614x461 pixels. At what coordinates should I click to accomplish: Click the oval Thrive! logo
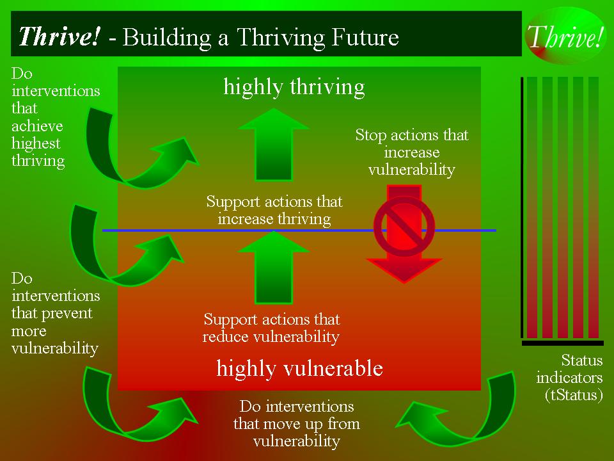(x=565, y=36)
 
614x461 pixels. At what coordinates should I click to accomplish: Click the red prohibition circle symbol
(x=404, y=226)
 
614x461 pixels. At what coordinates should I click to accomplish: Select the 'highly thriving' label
(x=294, y=87)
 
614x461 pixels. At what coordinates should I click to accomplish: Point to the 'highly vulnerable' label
(x=299, y=369)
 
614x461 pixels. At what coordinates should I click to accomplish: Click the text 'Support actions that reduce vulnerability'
(x=271, y=328)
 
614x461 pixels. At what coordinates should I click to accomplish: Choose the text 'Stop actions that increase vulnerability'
(x=411, y=152)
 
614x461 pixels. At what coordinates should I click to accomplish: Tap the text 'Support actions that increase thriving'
(x=274, y=210)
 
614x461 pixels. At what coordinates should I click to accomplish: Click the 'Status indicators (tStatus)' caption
(x=569, y=377)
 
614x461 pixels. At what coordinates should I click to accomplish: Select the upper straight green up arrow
(x=274, y=144)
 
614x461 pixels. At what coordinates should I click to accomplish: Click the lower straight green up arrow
(x=274, y=268)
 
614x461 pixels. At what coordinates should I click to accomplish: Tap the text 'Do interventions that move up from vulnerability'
(x=296, y=423)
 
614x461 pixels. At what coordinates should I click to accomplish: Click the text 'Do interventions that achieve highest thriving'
(x=56, y=117)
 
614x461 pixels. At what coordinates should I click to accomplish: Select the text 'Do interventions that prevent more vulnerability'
(x=56, y=313)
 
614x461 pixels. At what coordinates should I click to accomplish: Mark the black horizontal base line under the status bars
(x=563, y=343)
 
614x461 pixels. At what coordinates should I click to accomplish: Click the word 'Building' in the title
(x=168, y=38)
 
